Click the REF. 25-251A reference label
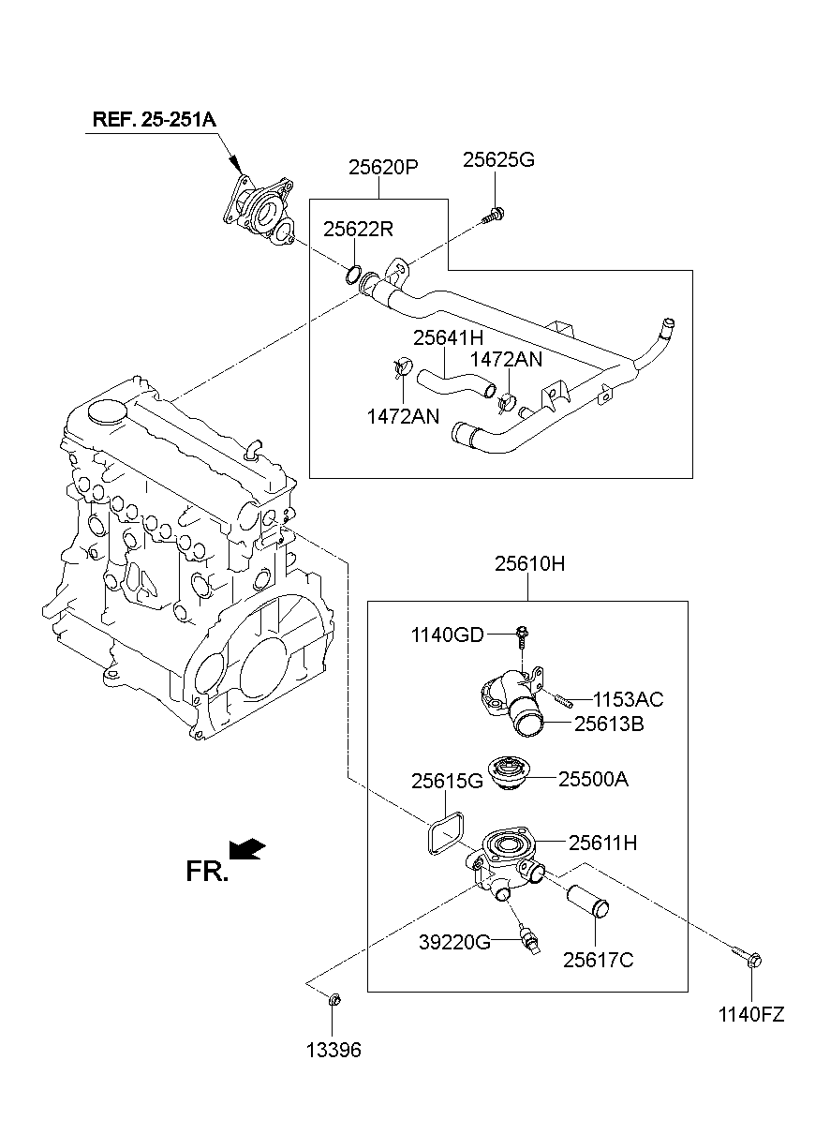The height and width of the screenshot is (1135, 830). point(154,120)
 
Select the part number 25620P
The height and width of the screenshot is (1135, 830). point(382,168)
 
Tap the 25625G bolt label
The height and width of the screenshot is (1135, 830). point(498,160)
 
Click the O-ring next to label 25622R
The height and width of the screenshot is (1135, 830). point(353,275)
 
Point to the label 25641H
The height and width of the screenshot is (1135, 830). point(449,336)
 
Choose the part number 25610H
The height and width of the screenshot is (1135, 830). point(529,565)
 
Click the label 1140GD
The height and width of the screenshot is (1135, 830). point(447,636)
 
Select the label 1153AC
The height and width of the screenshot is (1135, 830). point(629,699)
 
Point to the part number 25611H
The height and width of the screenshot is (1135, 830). point(602,844)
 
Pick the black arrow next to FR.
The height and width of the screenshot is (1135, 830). point(248,849)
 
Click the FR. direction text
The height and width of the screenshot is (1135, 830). point(206,873)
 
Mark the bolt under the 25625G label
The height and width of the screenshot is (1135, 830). point(493,215)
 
